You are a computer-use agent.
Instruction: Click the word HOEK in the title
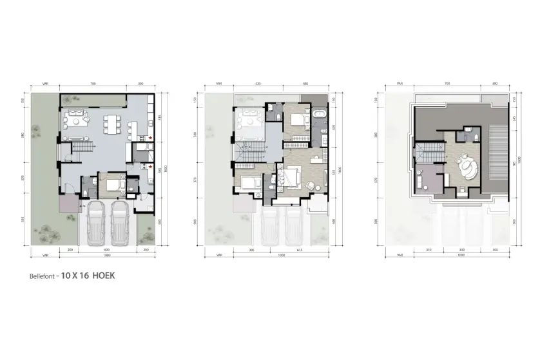(104, 276)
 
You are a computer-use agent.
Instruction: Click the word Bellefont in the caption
(41, 276)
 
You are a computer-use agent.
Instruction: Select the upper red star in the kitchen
(150, 138)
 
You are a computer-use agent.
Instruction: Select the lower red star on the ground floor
(150, 166)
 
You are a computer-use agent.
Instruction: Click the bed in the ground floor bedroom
(110, 185)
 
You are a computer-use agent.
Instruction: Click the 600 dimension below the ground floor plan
(107, 249)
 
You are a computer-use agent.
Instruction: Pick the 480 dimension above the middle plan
(305, 84)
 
